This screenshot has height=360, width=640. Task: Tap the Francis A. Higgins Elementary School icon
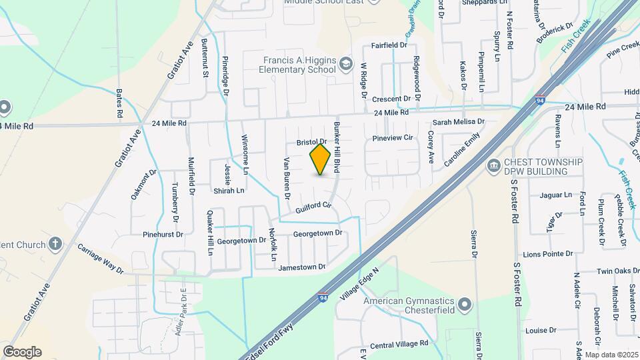(345, 64)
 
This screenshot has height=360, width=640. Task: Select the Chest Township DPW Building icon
(494, 165)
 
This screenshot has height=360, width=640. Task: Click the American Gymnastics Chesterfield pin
(465, 306)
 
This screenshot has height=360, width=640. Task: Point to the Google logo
(22, 352)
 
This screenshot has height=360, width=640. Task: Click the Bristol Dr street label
(310, 142)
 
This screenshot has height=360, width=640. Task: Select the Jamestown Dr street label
(302, 267)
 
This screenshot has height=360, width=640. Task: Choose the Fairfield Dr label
(389, 45)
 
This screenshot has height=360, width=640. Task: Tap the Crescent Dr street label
(391, 99)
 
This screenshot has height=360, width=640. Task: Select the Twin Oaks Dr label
(605, 272)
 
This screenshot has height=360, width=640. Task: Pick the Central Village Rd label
(399, 345)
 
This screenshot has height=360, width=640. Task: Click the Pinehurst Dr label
(162, 235)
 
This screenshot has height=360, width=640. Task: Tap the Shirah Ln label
(228, 190)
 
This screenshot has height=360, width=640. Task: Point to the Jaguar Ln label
(558, 195)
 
